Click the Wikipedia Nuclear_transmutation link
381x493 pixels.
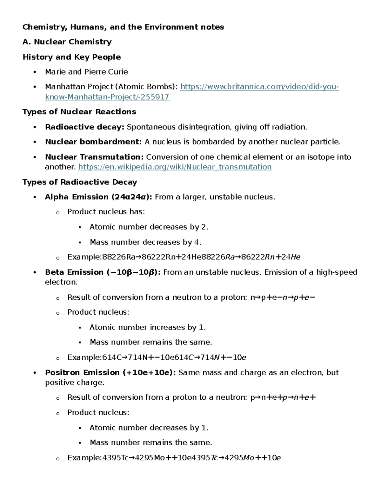(175, 167)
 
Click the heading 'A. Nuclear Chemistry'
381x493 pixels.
(67, 42)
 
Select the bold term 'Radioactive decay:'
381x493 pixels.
(84, 127)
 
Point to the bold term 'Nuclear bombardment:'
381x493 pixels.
(93, 142)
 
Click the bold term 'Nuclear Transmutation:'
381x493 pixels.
(94, 157)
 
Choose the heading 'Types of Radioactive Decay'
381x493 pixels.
(80, 182)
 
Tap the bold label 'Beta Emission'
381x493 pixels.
(74, 272)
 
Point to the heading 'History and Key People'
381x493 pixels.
(72, 57)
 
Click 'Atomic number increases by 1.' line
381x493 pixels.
(147, 327)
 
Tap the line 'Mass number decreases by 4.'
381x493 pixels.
(145, 242)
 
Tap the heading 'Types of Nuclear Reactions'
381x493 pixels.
(79, 112)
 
